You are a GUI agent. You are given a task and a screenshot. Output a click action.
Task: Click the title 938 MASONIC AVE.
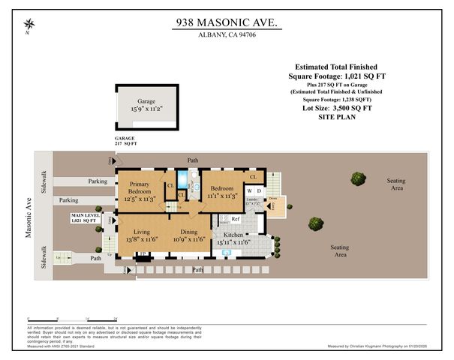[x=226, y=24]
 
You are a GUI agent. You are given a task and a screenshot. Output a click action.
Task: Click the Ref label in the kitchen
[x=235, y=219]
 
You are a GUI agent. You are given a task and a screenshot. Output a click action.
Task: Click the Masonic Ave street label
[x=29, y=218]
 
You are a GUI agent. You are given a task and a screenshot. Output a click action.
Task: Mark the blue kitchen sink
[x=227, y=253]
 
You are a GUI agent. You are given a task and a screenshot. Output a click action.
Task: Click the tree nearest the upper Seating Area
[x=358, y=178]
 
